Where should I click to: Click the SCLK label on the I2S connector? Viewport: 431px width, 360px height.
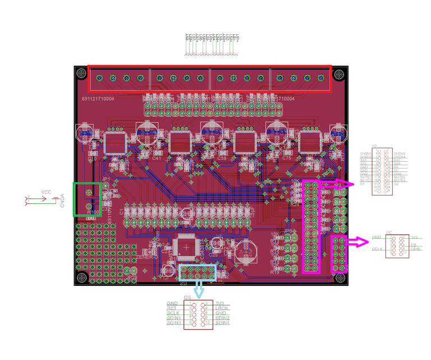(173, 313)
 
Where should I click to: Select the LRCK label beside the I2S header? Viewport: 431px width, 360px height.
(222, 308)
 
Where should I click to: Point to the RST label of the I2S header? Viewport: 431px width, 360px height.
(171, 308)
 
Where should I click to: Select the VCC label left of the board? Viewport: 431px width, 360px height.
(46, 192)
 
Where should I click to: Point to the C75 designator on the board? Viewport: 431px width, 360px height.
(287, 158)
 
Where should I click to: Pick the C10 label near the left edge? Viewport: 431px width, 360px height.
(93, 159)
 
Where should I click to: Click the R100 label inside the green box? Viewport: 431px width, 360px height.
(94, 212)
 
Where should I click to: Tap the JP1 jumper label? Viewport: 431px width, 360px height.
(106, 179)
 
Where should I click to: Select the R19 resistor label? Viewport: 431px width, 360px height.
(275, 272)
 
